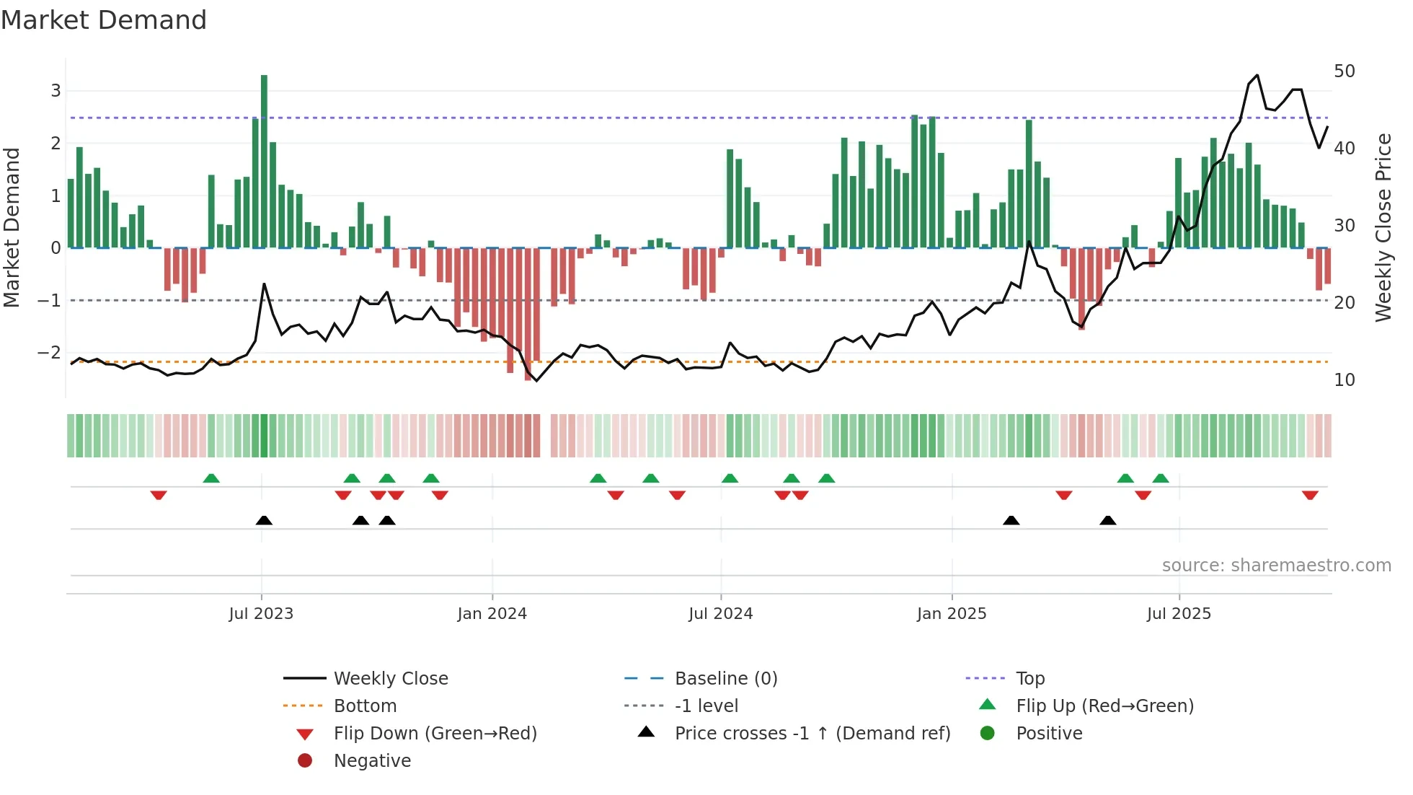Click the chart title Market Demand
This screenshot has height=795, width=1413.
tap(104, 20)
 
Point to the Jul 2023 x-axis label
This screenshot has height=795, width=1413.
tap(261, 614)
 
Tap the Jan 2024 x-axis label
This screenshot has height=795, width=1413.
tap(492, 614)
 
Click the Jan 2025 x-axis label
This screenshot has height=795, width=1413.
tap(951, 614)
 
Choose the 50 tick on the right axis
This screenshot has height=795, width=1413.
tap(1344, 71)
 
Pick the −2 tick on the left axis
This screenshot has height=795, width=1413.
tap(49, 353)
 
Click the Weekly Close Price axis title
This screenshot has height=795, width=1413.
tap(1383, 227)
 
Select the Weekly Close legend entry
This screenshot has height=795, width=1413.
tap(390, 679)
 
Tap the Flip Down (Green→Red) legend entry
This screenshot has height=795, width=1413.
tap(435, 734)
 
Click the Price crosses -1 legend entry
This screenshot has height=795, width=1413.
tap(812, 734)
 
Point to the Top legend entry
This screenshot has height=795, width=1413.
tap(1029, 679)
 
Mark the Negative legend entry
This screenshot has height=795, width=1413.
tap(372, 761)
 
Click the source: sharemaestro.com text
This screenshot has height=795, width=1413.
tap(1276, 566)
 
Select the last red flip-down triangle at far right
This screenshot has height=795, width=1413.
tap(1310, 495)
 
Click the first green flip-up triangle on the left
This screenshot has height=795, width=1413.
tap(211, 478)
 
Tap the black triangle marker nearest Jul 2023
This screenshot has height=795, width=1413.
tap(264, 520)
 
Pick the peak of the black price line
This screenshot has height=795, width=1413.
tap(1257, 75)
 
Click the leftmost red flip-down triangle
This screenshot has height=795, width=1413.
tap(159, 495)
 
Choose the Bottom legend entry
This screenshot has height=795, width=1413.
tap(365, 706)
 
